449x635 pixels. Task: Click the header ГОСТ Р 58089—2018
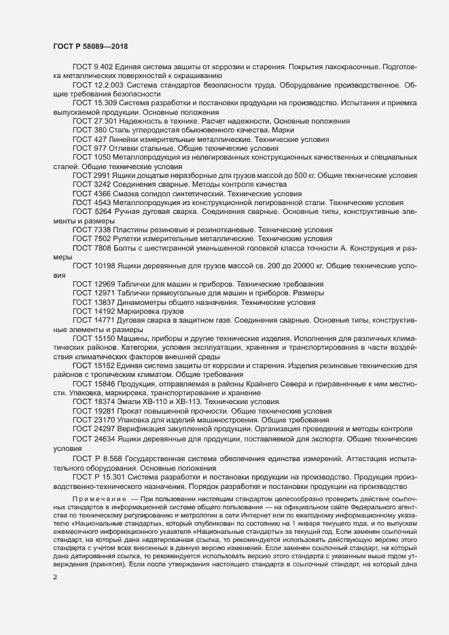[91, 46]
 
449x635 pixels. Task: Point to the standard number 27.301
[105, 120]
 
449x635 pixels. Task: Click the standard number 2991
[103, 175]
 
